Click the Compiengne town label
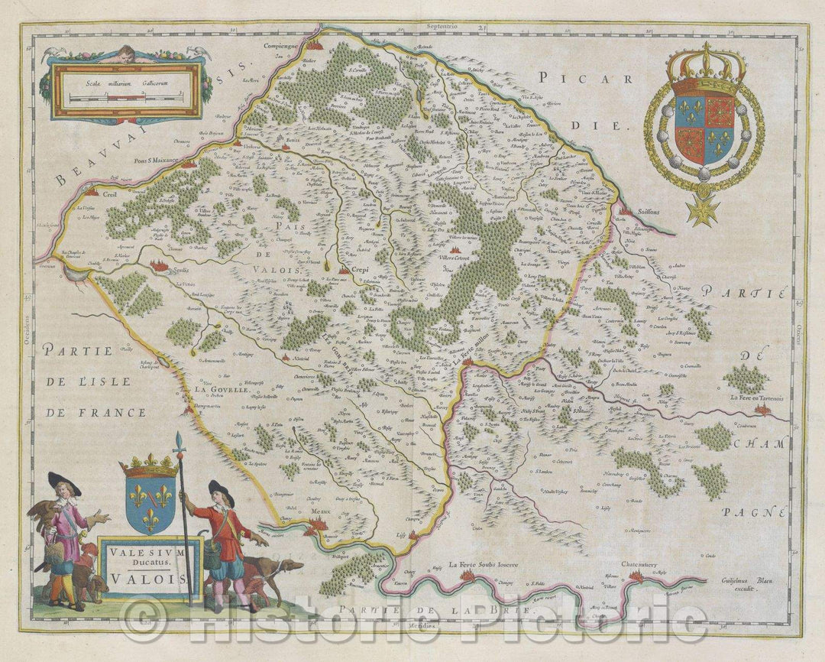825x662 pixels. click(280, 45)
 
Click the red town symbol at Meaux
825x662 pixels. click(319, 526)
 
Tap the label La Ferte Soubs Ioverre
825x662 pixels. click(484, 565)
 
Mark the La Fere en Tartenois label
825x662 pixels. click(759, 398)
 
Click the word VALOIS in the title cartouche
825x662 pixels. click(150, 579)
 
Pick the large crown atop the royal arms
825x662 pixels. click(705, 64)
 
